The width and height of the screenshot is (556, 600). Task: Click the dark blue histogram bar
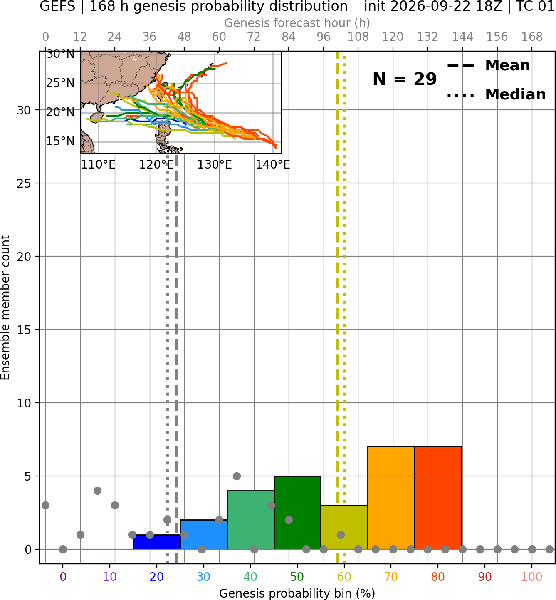157,542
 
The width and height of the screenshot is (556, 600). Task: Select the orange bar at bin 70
391,498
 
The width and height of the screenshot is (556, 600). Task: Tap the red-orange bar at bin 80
438,498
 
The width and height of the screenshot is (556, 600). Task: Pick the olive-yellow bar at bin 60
344,527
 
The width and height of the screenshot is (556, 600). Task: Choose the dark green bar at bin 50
297,513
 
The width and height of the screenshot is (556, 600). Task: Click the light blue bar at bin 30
203,534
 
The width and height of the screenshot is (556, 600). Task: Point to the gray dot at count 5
237,476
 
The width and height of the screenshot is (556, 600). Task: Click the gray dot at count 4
97,491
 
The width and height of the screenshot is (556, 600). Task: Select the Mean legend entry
488,66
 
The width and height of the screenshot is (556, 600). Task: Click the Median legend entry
496,94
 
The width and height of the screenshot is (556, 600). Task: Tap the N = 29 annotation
405,79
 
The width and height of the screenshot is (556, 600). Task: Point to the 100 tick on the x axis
532,577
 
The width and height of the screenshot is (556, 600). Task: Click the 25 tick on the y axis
24,183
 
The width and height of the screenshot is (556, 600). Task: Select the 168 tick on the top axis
532,37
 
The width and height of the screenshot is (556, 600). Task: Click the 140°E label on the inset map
273,165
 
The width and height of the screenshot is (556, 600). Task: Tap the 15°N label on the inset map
60,141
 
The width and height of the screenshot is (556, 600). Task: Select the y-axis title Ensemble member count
5,307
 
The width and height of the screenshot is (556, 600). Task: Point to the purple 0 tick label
63,577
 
